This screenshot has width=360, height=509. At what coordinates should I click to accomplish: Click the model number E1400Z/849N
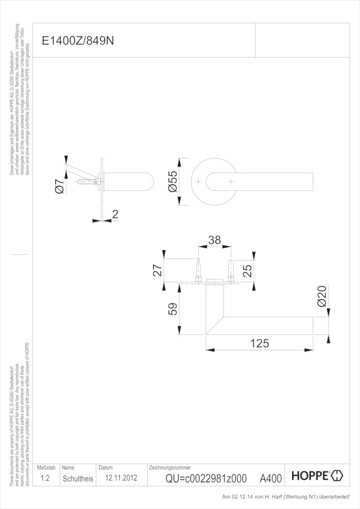(x=78, y=41)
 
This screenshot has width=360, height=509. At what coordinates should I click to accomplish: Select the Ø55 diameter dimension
(x=173, y=182)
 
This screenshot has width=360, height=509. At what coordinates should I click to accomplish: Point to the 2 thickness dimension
(x=115, y=214)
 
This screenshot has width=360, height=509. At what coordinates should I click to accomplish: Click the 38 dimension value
(x=214, y=240)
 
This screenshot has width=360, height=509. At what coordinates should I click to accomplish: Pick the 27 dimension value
(x=157, y=270)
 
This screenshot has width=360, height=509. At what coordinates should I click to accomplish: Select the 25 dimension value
(x=247, y=270)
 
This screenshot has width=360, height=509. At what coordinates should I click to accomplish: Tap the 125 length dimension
(x=260, y=343)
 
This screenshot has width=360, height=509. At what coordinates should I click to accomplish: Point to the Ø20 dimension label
(x=322, y=296)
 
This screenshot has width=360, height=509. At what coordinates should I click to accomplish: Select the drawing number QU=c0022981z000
(x=206, y=478)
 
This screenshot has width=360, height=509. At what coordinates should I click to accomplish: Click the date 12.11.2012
(x=121, y=478)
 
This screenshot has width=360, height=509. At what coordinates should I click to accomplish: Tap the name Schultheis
(x=78, y=478)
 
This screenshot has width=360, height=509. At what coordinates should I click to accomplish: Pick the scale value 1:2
(x=45, y=478)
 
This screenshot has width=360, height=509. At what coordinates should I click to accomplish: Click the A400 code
(x=271, y=478)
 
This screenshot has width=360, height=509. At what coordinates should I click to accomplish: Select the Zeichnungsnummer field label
(x=170, y=468)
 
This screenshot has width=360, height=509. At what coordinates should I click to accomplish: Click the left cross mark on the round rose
(x=199, y=182)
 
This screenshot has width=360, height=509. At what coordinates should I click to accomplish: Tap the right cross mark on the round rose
(x=231, y=182)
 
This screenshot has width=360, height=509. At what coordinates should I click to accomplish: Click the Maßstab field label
(x=46, y=468)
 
